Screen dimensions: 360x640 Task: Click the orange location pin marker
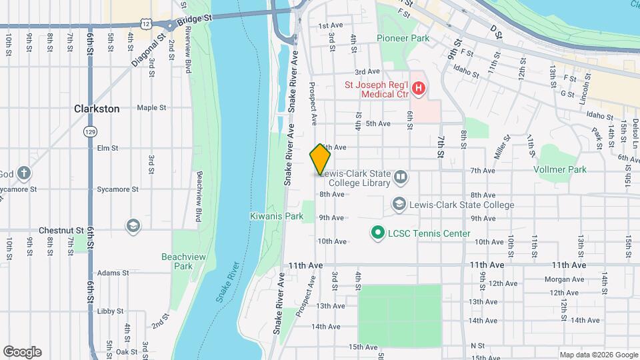pyautogui.click(x=320, y=159)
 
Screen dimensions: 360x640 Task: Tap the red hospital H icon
pyautogui.click(x=418, y=88)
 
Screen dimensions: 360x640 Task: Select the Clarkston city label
pyautogui.click(x=97, y=109)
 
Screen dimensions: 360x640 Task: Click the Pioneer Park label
pyautogui.click(x=403, y=39)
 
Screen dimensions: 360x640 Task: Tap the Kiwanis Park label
pyautogui.click(x=276, y=216)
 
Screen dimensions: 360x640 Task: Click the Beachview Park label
pyautogui.click(x=177, y=261)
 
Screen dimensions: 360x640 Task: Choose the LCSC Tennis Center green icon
pyautogui.click(x=377, y=233)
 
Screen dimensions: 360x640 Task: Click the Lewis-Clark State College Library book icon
pyautogui.click(x=401, y=177)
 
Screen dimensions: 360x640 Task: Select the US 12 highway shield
pyautogui.click(x=155, y=23)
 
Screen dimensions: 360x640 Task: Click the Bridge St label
pyautogui.click(x=197, y=19)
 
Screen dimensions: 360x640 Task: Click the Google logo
pyautogui.click(x=22, y=351)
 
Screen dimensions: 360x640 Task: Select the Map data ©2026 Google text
pyautogui.click(x=597, y=354)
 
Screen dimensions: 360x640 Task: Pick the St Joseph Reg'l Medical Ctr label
pyautogui.click(x=376, y=89)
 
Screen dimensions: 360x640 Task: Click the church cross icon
pyautogui.click(x=24, y=174)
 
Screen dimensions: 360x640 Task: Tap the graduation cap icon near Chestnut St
pyautogui.click(x=133, y=227)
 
